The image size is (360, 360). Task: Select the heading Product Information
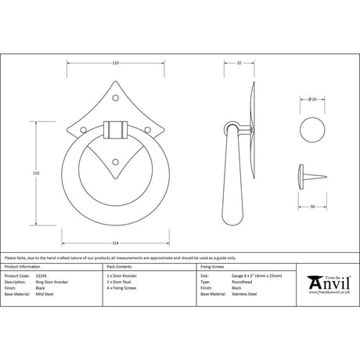(23, 266)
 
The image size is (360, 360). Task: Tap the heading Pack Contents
(117, 266)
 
